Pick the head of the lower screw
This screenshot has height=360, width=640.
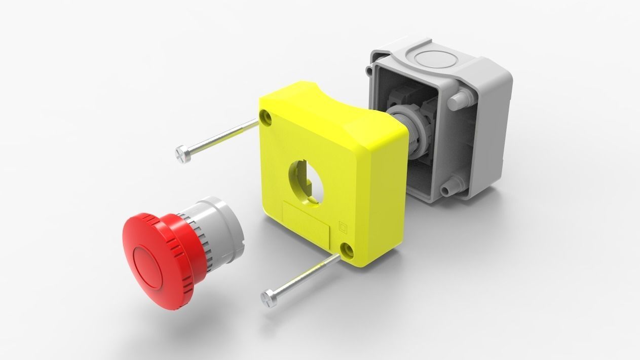pyautogui.click(x=269, y=298)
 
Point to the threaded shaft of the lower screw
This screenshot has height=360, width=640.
pyautogui.click(x=304, y=276)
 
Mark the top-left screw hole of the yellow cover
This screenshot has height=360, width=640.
pyautogui.click(x=266, y=118)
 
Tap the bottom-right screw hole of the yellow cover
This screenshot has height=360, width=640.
pyautogui.click(x=347, y=249)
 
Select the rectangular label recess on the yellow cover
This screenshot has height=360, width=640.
pyautogui.click(x=307, y=224)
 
